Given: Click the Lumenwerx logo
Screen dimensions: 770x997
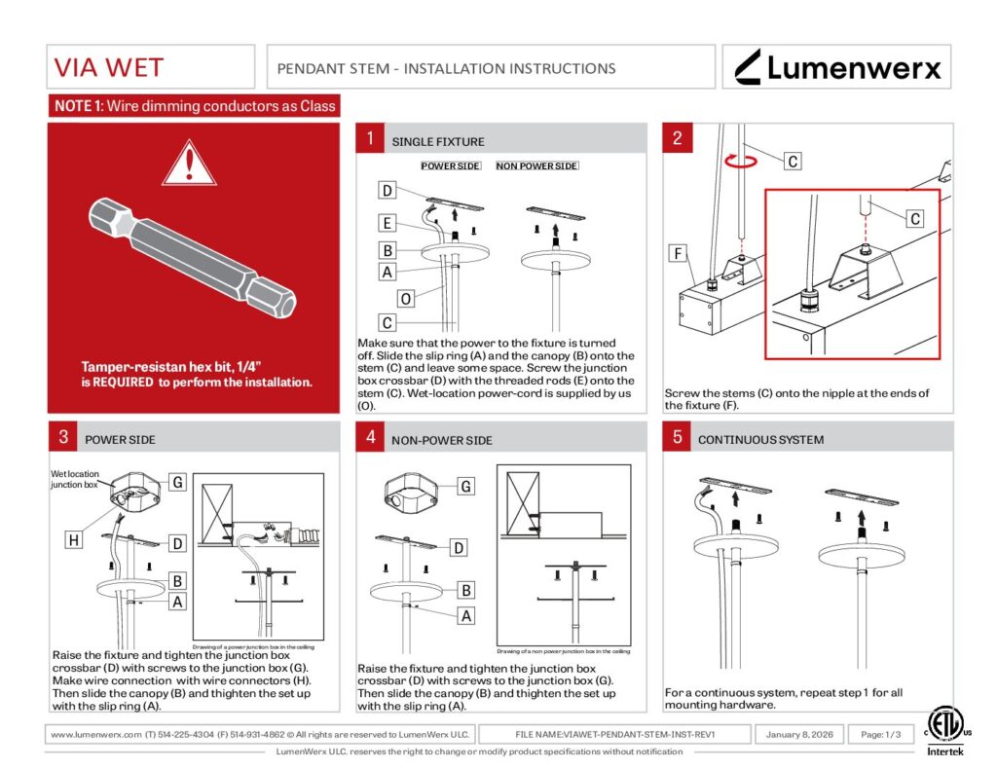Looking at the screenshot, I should tap(837, 67).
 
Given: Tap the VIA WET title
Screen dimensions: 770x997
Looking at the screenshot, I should tap(108, 68).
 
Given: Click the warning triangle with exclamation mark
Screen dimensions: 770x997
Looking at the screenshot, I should tap(189, 164).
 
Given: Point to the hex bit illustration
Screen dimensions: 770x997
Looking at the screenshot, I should tap(193, 258).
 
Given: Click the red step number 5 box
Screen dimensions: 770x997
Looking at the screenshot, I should tap(677, 437).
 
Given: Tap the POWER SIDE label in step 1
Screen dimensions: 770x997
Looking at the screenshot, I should tap(450, 166).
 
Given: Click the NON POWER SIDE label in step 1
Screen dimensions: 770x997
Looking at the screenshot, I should tap(536, 166).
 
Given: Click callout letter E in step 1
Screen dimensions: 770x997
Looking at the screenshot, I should tap(388, 224).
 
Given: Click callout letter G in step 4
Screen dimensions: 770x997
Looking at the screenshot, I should tap(466, 486).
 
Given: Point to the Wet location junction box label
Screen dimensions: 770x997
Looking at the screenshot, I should tap(74, 478).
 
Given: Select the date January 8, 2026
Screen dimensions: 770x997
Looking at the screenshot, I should tap(799, 734).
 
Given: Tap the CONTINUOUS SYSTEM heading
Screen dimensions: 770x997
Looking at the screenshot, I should tap(760, 440).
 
